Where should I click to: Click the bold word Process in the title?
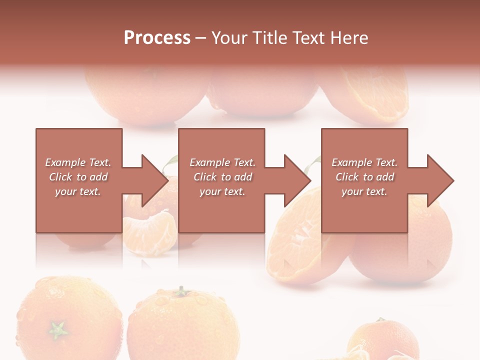[157, 38]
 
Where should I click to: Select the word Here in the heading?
[349, 38]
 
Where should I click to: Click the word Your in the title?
[231, 38]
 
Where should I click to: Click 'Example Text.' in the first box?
[78, 162]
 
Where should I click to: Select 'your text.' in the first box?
[78, 191]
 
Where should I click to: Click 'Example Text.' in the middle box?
[222, 162]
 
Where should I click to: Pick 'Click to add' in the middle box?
[222, 177]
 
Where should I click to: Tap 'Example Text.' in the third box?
[364, 162]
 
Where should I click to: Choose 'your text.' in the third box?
[364, 191]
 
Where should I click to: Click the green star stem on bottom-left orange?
[58, 329]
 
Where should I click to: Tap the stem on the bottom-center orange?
[180, 291]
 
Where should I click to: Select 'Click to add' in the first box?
[78, 177]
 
